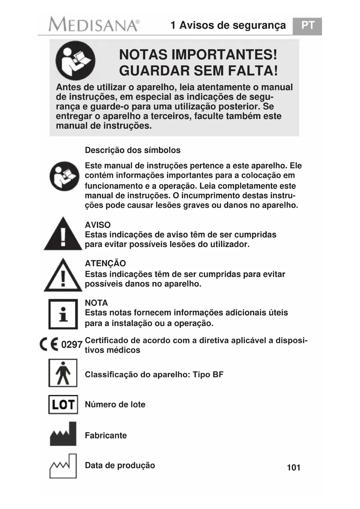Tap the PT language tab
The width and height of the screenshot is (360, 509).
[x=307, y=26]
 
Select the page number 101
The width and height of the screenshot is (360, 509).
[x=293, y=468]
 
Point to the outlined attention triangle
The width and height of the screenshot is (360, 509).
[x=63, y=276]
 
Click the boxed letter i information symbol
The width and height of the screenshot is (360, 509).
[x=63, y=314]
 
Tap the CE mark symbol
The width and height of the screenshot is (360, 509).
[x=49, y=344]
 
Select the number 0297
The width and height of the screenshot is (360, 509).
[x=72, y=345]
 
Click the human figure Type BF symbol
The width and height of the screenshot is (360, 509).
[x=63, y=373]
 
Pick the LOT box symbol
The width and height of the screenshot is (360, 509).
[x=63, y=405]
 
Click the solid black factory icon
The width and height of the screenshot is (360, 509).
[x=63, y=434]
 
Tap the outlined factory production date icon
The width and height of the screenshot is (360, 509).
[x=63, y=466]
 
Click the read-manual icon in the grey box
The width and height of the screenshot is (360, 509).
[x=75, y=61]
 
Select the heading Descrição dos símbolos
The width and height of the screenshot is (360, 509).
[x=133, y=150]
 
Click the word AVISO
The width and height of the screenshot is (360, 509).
[x=98, y=225]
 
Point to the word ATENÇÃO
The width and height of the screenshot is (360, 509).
[x=105, y=263]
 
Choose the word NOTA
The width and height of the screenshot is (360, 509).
[x=96, y=303]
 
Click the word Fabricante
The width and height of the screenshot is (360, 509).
[x=106, y=436]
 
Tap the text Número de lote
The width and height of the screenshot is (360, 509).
[x=115, y=405]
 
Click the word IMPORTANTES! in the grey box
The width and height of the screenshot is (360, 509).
[x=223, y=55]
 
